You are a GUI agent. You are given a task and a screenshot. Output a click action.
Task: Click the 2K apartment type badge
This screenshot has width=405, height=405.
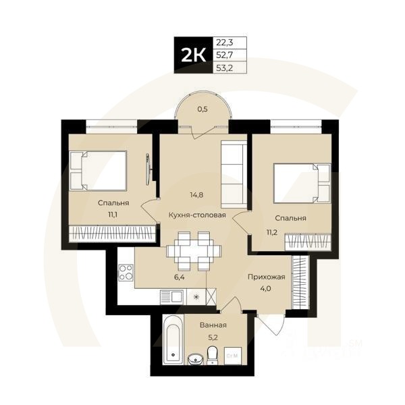(192, 54)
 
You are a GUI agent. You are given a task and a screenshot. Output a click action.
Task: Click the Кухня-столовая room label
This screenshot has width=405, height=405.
(197, 216)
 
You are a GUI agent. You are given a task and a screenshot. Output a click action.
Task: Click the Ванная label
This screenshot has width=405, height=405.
(213, 325)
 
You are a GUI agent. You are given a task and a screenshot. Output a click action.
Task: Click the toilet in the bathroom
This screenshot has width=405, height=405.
(212, 354)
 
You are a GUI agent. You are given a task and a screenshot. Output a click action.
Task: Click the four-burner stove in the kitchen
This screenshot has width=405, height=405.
(126, 273)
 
